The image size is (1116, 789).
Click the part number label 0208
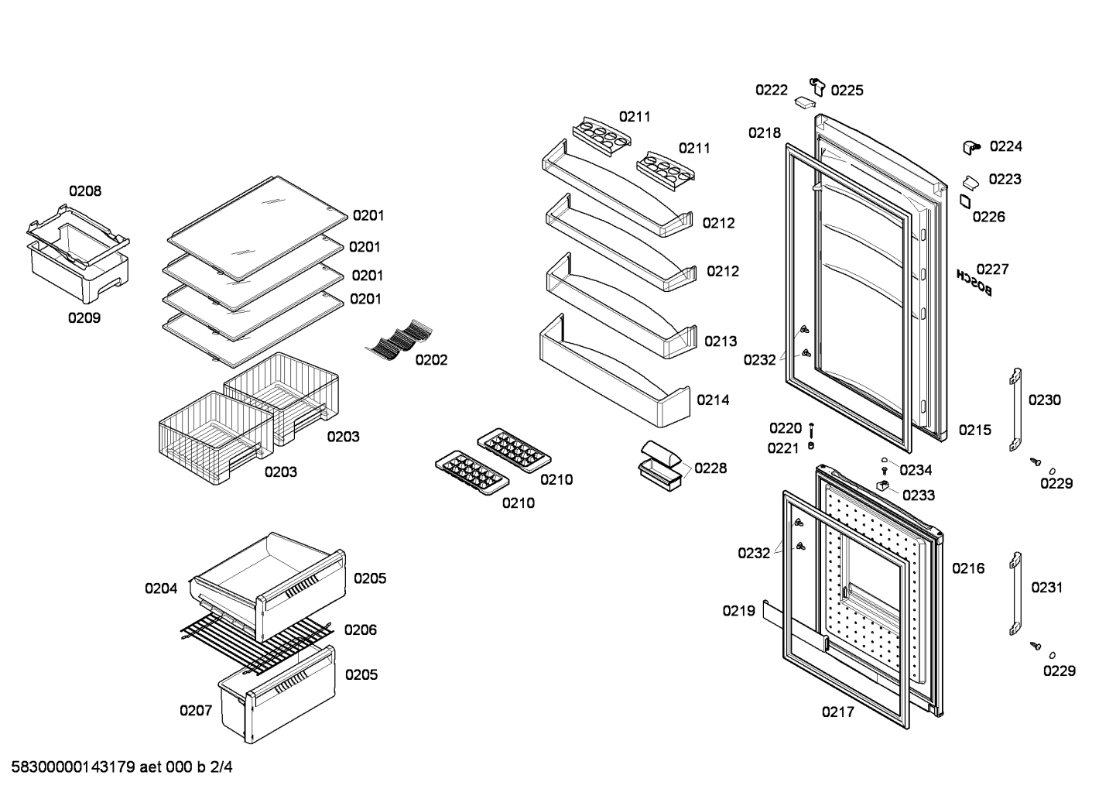click(85, 191)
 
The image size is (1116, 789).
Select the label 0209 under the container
click(84, 317)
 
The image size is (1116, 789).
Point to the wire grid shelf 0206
click(257, 641)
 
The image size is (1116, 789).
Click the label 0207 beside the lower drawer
click(196, 710)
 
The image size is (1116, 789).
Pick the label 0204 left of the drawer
click(161, 588)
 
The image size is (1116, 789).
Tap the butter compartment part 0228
click(661, 465)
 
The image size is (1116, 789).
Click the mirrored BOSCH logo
click(974, 283)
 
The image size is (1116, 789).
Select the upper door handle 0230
click(1016, 410)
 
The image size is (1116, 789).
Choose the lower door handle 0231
click(1016, 593)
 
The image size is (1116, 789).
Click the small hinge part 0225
click(817, 87)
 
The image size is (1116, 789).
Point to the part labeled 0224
click(971, 148)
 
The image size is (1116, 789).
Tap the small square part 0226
click(966, 201)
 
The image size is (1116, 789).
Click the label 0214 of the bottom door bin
click(713, 400)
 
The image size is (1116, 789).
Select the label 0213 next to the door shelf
click(721, 341)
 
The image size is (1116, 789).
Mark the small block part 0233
click(883, 485)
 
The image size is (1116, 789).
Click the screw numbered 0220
click(811, 430)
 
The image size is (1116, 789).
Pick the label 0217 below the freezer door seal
click(838, 712)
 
